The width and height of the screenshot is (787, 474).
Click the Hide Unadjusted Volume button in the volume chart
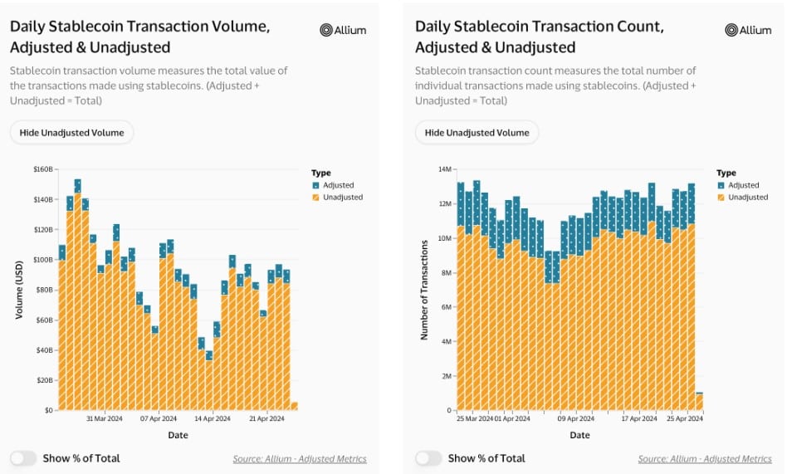pos(71,133)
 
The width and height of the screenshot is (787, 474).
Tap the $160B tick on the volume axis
pos(43,169)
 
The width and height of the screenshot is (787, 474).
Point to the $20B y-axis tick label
pos(45,380)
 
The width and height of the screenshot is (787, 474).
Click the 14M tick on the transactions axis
pos(444,169)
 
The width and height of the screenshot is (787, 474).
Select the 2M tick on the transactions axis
pos(446,376)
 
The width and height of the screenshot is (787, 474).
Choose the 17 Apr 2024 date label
pos(640,420)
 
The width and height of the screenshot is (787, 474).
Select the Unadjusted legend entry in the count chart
pos(746,197)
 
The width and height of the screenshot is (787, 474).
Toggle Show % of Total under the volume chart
pos(23,458)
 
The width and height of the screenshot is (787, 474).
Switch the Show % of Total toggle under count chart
pos(428,458)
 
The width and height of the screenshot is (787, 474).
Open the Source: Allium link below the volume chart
pos(300,459)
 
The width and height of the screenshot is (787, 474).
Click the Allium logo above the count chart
pos(748,30)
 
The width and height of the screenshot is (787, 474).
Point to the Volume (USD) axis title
pos(20,290)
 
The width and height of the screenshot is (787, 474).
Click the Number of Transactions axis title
pos(424,290)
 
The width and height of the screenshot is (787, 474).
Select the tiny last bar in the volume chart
pos(294,406)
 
